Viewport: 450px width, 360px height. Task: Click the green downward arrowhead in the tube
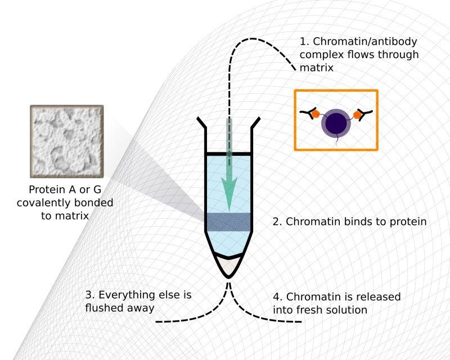point(229,192)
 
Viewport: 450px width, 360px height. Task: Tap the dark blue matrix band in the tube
point(229,222)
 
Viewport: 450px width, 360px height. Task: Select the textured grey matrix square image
point(66,141)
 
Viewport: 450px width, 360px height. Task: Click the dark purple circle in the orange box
point(336,123)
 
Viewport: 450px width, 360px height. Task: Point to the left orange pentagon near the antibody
point(316,113)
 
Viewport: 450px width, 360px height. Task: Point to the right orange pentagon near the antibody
point(357,115)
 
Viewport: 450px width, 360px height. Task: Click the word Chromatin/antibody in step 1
point(364,41)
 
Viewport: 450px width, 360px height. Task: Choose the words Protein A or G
point(65,190)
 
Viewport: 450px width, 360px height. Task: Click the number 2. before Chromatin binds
point(277,222)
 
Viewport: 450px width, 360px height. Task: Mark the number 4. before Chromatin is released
point(278,297)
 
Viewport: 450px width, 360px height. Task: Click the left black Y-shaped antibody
point(307,113)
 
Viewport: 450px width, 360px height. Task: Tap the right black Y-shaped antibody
point(365,114)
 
